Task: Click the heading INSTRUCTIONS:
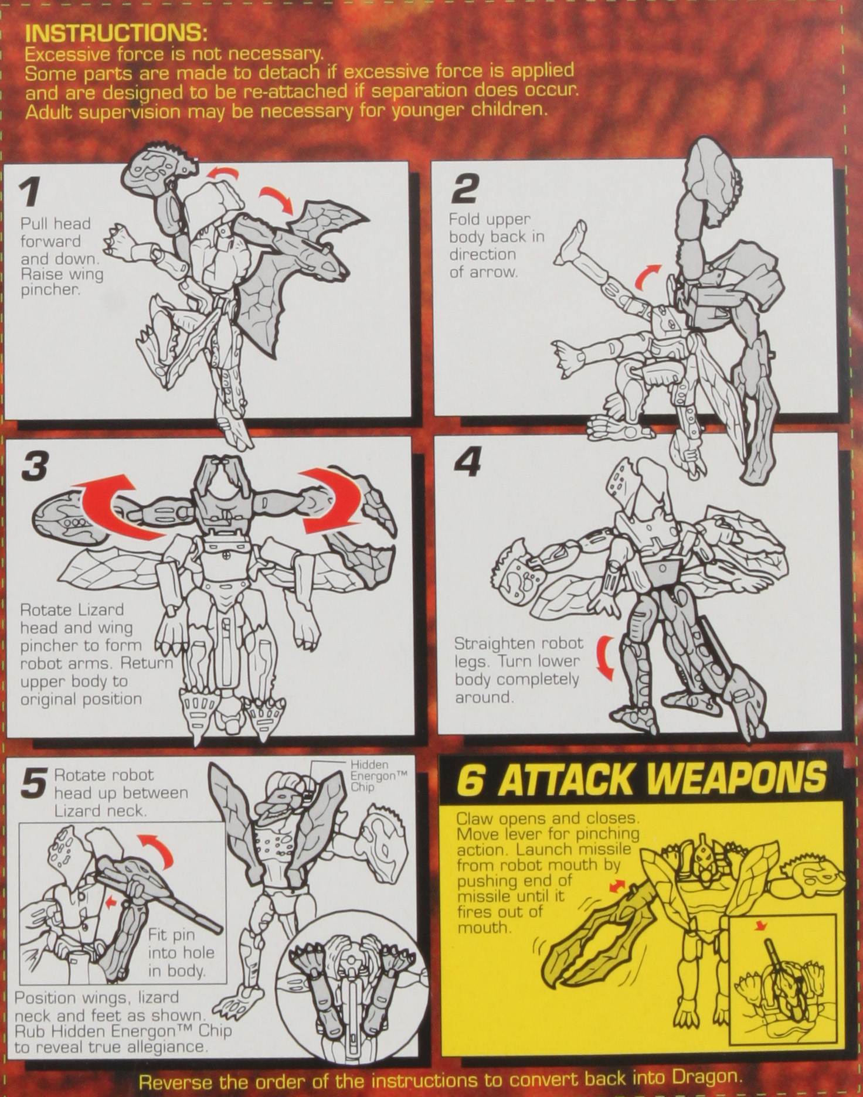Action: pos(116,33)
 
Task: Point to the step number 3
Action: pos(35,465)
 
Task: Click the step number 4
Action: pos(468,462)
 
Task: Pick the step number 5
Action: pos(33,783)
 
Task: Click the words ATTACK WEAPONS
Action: pos(662,779)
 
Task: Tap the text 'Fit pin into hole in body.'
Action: pos(181,952)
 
